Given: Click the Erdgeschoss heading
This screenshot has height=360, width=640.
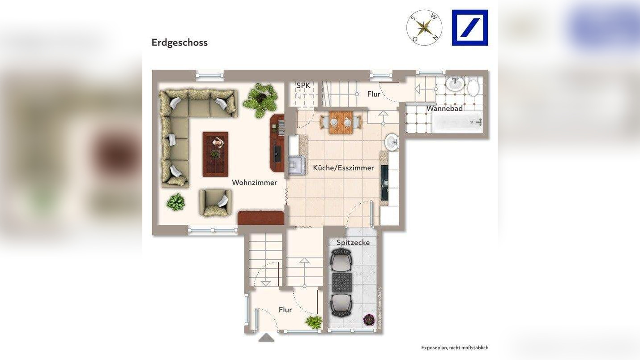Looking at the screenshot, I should coord(179,43).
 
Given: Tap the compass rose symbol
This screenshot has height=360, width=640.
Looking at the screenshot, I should coord(424,28).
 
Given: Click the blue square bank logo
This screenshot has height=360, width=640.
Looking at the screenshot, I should coord(469,28).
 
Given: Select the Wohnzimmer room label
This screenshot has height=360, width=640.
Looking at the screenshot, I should coord(254,183).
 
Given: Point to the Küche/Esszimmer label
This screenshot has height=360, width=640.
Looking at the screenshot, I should coord(343,168).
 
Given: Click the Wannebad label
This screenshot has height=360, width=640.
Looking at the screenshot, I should coord(444,108).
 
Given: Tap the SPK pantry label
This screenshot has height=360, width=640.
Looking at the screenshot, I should coord(303,86).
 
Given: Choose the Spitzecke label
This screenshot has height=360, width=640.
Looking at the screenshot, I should coord(353,242).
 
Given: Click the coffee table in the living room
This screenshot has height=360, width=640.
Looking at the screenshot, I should coord(215,154).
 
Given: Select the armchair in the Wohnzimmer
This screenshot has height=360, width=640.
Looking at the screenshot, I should coord(215,203).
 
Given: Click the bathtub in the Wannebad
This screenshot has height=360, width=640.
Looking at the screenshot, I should coord(457,121).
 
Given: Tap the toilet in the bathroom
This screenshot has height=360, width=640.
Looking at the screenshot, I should coord(473,87).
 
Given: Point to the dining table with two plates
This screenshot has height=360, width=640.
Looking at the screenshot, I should coord(341,122).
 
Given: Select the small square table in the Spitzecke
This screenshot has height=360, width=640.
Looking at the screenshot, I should coord(341,283).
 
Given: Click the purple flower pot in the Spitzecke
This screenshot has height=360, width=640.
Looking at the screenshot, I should coord(369,320).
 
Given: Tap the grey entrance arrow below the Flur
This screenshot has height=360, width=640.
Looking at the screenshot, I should coord(266,338).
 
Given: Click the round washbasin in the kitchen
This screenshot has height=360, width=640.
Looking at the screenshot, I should coord(392,142).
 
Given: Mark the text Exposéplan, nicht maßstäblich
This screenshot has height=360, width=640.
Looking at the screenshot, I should coord(455,347).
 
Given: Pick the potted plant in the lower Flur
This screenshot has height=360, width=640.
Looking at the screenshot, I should coord(314,321).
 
